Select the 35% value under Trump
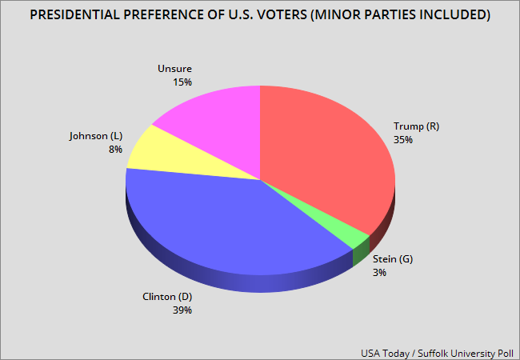pos(403,139)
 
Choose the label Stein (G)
pos(394,259)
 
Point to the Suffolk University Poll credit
pos(468,350)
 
